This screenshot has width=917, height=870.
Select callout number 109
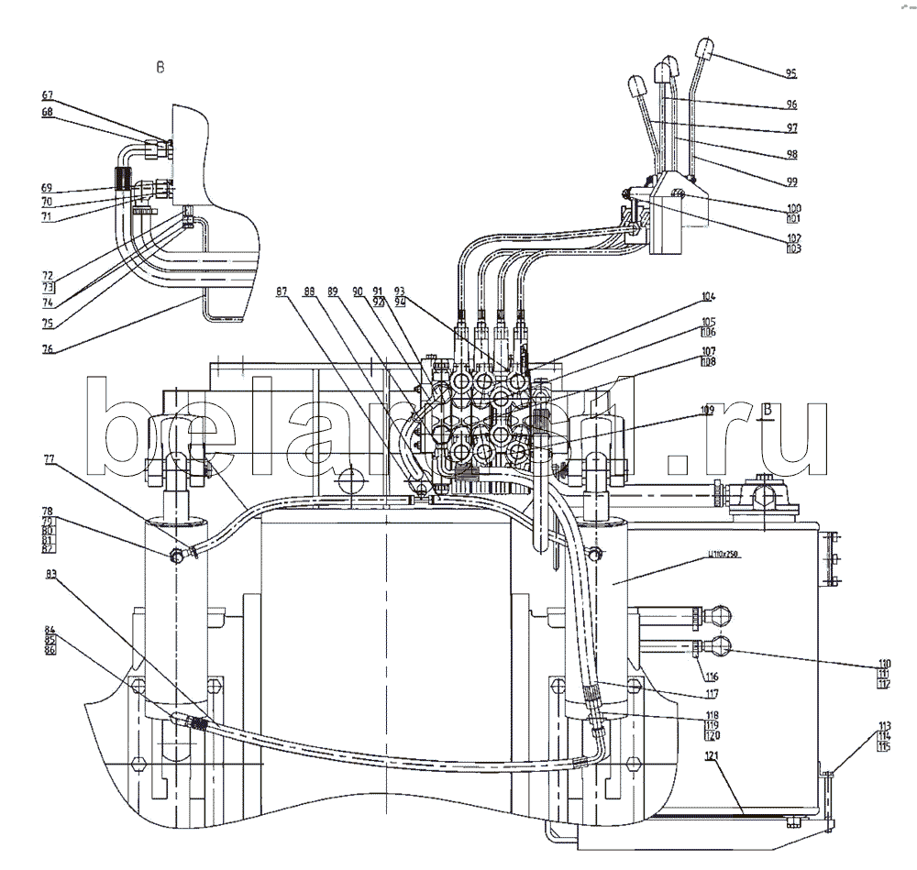[708, 411]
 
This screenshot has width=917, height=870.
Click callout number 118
[712, 714]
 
